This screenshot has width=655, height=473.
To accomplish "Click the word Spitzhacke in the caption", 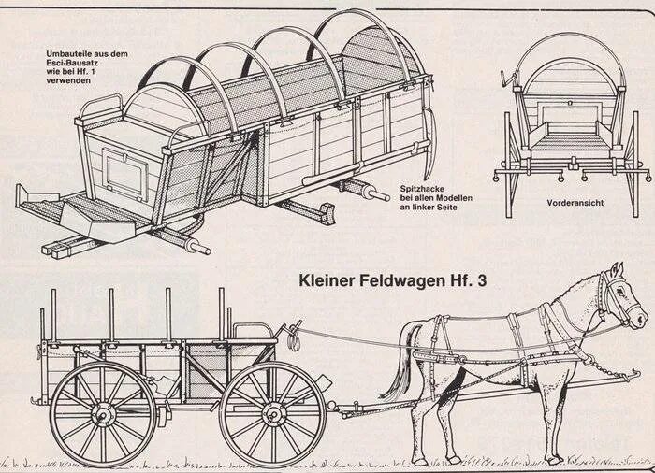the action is pyautogui.click(x=423, y=188).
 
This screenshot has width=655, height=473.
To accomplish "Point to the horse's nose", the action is pyautogui.click(x=640, y=318).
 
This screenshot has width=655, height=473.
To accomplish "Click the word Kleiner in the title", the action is pyautogui.click(x=327, y=279).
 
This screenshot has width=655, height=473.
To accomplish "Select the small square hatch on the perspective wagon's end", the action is pyautogui.click(x=124, y=174).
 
